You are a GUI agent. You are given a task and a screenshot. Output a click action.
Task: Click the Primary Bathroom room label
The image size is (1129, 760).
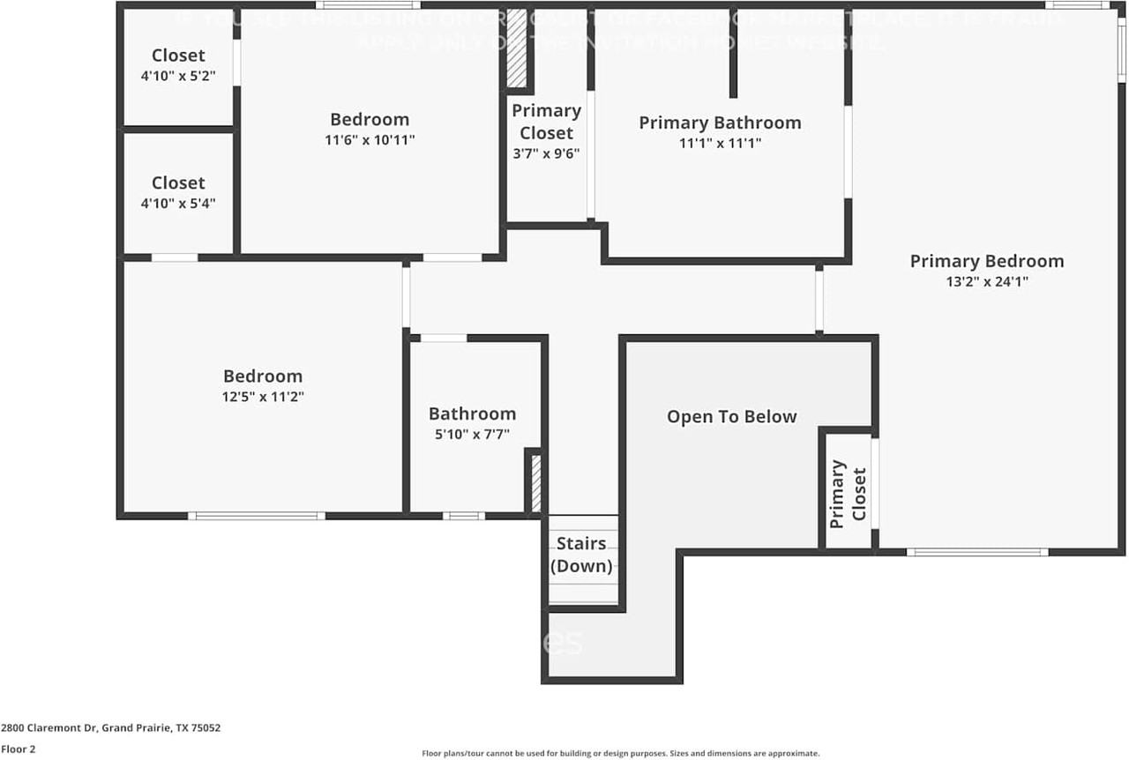(x=720, y=123)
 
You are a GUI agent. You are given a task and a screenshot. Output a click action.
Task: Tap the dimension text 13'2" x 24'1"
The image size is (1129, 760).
(x=986, y=282)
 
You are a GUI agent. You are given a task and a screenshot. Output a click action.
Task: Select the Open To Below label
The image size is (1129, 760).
(x=731, y=416)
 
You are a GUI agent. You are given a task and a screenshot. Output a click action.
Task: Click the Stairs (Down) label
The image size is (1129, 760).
(x=581, y=555)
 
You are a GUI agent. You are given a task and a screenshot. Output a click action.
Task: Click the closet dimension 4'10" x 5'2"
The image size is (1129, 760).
(x=178, y=76)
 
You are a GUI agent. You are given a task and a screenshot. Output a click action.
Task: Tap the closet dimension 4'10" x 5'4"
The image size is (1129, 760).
(x=178, y=203)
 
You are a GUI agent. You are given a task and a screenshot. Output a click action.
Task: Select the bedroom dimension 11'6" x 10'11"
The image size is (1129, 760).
(x=370, y=139)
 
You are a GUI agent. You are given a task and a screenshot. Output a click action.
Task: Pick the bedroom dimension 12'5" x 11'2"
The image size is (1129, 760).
(x=263, y=397)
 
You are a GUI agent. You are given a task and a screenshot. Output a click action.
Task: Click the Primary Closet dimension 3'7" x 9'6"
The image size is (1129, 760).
(x=546, y=153)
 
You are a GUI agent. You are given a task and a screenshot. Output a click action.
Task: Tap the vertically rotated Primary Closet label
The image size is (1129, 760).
(x=848, y=493)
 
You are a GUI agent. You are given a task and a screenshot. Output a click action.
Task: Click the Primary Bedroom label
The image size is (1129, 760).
(x=986, y=261)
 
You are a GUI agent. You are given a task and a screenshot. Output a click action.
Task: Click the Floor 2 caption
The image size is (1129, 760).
(x=19, y=749)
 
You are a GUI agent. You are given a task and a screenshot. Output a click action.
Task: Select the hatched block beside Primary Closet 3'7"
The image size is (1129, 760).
(x=517, y=48)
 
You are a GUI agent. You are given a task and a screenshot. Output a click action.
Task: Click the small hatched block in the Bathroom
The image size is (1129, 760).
(x=535, y=482)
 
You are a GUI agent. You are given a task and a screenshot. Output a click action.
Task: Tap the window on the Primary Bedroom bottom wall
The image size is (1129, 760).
(x=977, y=552)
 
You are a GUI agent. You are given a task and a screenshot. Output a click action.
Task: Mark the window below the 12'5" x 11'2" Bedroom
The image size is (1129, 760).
(x=257, y=516)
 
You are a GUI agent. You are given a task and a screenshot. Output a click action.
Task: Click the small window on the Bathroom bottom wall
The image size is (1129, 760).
(x=463, y=516)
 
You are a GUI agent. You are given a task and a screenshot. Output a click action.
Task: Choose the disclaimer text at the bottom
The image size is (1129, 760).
(x=621, y=753)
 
